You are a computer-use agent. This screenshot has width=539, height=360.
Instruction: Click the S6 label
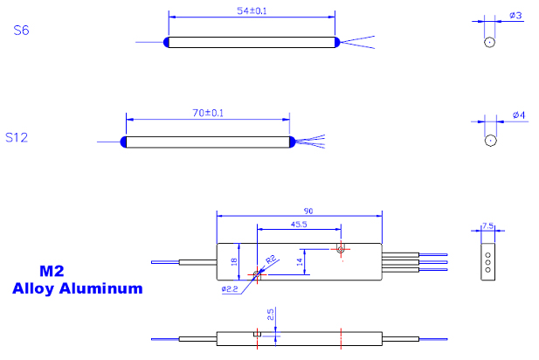coord(22,31)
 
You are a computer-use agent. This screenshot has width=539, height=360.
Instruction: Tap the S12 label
coord(18,137)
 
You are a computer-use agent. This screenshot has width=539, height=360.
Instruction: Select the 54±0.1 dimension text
coord(251,11)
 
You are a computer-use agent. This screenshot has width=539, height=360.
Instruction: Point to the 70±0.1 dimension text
coord(208,114)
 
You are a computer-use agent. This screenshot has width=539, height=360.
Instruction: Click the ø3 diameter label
coord(515,16)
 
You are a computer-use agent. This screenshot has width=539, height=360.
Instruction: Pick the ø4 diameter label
coord(517,115)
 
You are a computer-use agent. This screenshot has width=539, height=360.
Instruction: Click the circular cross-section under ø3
coord(490,41)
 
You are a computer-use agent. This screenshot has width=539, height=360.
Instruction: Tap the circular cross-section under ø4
coord(491,140)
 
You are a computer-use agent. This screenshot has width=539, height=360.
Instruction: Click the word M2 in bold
coord(53,272)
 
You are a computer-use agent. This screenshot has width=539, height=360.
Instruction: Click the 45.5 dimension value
coord(299,225)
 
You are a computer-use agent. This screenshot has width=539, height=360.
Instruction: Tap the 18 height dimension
coord(234,260)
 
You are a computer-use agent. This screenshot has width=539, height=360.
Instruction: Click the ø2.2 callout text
coord(229,288)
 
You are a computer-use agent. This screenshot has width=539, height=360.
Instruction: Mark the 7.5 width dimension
coord(487,226)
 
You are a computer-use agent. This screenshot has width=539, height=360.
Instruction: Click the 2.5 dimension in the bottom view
coord(271,313)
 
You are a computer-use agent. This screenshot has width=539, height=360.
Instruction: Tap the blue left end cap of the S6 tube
coord(166,41)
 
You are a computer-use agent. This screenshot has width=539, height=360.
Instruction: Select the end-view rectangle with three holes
coord(487,260)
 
